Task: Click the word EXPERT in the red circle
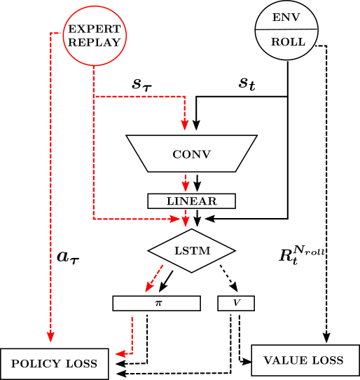94,29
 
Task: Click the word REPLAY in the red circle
94,42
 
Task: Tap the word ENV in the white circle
286,17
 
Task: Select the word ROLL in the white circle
287,42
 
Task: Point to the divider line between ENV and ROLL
286,29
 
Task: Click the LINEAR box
191,201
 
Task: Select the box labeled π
157,303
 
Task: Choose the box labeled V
236,303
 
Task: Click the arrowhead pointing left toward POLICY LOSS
120,354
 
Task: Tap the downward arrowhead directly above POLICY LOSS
50,339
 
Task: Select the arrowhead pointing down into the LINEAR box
185,186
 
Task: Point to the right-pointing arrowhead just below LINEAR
176,219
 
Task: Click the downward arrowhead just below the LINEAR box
185,222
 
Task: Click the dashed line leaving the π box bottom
132,330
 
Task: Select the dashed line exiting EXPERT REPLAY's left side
56,33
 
